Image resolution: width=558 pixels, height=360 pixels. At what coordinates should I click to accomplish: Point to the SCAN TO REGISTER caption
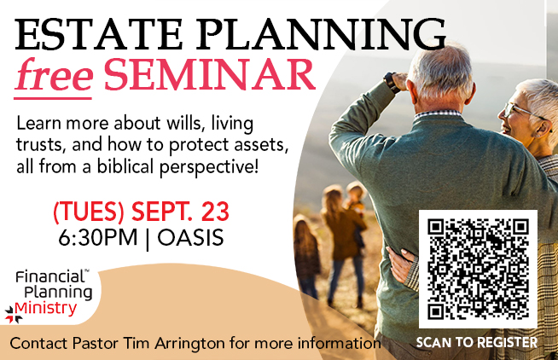click(x=477, y=343)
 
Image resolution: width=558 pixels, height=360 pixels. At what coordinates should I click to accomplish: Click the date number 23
click(x=216, y=211)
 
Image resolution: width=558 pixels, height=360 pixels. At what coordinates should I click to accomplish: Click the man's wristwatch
click(x=392, y=81)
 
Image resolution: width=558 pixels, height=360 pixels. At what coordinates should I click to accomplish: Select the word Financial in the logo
click(x=47, y=277)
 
